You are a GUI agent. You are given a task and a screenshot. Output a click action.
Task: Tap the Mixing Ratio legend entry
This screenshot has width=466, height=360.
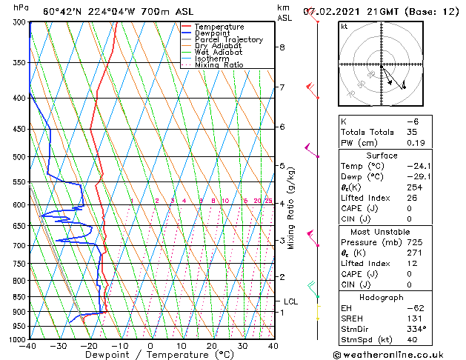click(219, 65)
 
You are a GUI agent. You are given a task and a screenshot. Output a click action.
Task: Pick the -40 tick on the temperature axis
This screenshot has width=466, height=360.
click(28, 345)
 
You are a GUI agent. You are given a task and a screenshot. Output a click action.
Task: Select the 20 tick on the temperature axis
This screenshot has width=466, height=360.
click(212, 345)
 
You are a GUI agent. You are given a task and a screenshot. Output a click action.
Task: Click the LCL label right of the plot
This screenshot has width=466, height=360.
click(290, 301)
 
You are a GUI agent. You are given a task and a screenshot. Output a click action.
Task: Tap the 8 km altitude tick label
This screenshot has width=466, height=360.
click(282, 47)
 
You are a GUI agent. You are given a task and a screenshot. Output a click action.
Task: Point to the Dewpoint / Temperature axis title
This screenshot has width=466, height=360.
click(150, 355)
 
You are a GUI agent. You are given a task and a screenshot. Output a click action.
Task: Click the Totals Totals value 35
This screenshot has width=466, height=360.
click(412, 132)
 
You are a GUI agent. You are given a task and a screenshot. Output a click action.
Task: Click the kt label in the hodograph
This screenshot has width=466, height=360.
click(344, 26)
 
